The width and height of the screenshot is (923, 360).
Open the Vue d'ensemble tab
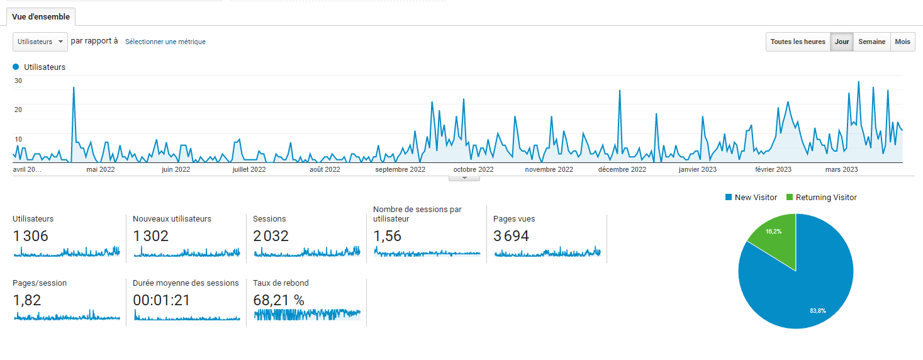(41, 17)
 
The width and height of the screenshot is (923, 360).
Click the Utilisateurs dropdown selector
(40, 42)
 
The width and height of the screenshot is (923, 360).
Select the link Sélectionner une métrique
(165, 42)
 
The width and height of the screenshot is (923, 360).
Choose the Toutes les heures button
(798, 42)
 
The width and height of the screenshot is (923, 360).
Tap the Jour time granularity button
(842, 42)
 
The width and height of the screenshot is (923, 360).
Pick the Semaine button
(872, 42)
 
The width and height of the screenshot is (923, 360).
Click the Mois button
(902, 42)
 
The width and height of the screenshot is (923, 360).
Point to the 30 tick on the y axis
(18, 81)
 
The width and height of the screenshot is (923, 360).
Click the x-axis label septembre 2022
(400, 169)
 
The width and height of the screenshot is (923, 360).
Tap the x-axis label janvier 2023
(698, 169)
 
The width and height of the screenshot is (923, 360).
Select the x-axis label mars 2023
(841, 169)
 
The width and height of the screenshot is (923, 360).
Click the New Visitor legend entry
(751, 198)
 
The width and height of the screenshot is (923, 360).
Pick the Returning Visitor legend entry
(822, 198)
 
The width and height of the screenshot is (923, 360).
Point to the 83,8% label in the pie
(818, 310)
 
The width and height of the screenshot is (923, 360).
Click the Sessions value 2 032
(271, 236)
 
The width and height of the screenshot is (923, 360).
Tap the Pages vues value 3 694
(511, 236)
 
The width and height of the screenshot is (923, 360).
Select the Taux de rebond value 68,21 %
(279, 300)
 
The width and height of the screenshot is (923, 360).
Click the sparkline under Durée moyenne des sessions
(187, 315)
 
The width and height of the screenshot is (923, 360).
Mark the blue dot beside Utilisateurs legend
(16, 67)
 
